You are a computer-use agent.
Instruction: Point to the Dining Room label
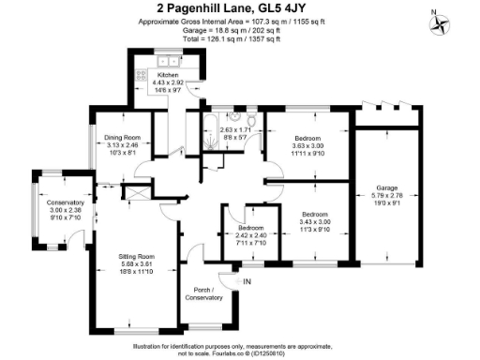pos(122,139)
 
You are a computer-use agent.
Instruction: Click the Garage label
pos(387,186)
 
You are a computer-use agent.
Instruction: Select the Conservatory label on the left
pos(66,202)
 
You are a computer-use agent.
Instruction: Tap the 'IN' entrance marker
pos(247,281)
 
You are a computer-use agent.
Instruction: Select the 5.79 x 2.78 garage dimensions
pos(387,194)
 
